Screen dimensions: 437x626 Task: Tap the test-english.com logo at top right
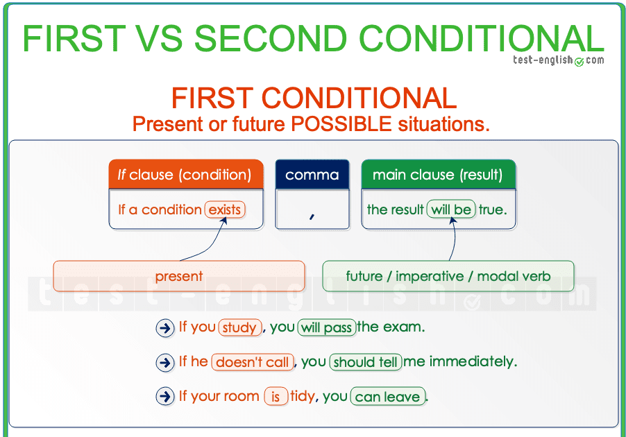tap(558, 60)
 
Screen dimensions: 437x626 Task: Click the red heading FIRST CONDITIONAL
tap(314, 98)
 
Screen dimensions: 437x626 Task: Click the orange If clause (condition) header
tap(186, 175)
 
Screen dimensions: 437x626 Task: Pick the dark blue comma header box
tap(312, 175)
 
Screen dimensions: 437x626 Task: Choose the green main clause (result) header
tap(438, 175)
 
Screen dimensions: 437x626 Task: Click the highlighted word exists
tap(225, 209)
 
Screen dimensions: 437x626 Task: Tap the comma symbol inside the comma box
tap(312, 216)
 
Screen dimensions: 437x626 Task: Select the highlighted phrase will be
tap(451, 209)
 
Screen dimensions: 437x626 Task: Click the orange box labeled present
tap(179, 276)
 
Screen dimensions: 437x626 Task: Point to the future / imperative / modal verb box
tap(448, 276)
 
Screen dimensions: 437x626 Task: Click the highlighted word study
tap(239, 327)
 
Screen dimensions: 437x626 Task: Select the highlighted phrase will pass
tap(327, 327)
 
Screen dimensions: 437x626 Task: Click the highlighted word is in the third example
tap(276, 397)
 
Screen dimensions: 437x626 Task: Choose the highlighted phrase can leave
tap(387, 397)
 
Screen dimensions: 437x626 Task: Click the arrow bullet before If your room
tap(165, 397)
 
